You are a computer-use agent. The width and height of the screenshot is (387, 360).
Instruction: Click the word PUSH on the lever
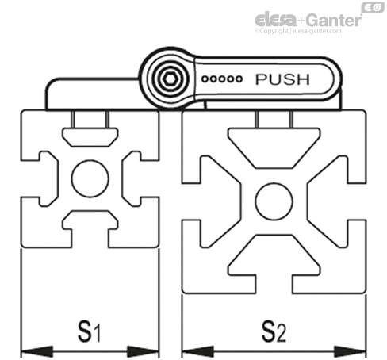pyautogui.click(x=282, y=79)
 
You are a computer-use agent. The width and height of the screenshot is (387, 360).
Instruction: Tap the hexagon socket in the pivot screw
pyautogui.click(x=168, y=79)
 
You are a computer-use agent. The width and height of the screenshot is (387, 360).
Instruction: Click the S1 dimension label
pyautogui.click(x=89, y=331)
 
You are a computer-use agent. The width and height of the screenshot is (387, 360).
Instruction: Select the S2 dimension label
pyautogui.click(x=274, y=331)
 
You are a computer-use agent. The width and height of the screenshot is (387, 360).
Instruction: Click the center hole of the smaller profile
pyautogui.click(x=90, y=178)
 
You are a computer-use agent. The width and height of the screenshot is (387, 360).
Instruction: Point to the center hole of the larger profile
pyautogui.click(x=274, y=201)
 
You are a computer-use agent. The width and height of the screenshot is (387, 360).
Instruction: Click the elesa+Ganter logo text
pyautogui.click(x=308, y=20)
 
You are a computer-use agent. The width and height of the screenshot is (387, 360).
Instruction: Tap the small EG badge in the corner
pyautogui.click(x=373, y=7)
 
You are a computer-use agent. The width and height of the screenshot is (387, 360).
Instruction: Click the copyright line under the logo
pyautogui.click(x=298, y=31)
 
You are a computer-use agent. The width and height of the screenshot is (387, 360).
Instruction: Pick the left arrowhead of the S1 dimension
pyautogui.click(x=36, y=351)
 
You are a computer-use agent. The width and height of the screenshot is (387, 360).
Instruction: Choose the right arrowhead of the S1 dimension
pyautogui.click(x=144, y=351)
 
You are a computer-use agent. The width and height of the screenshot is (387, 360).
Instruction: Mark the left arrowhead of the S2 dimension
pyautogui.click(x=197, y=351)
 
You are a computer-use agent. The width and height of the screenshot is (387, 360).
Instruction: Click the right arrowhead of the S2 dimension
pyautogui.click(x=351, y=351)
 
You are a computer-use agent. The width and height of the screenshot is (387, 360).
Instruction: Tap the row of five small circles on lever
pyautogui.click(x=222, y=79)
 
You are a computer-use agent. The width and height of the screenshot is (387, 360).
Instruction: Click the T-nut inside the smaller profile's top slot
pyautogui.click(x=90, y=137)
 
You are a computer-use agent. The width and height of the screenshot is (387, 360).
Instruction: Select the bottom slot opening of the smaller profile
pyautogui.click(x=90, y=239)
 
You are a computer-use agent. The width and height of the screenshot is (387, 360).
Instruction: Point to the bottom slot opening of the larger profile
pyautogui.click(x=274, y=285)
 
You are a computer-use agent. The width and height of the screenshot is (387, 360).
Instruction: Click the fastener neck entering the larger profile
pyautogui.click(x=274, y=119)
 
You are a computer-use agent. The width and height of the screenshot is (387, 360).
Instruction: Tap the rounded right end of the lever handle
pyautogui.click(x=335, y=79)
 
